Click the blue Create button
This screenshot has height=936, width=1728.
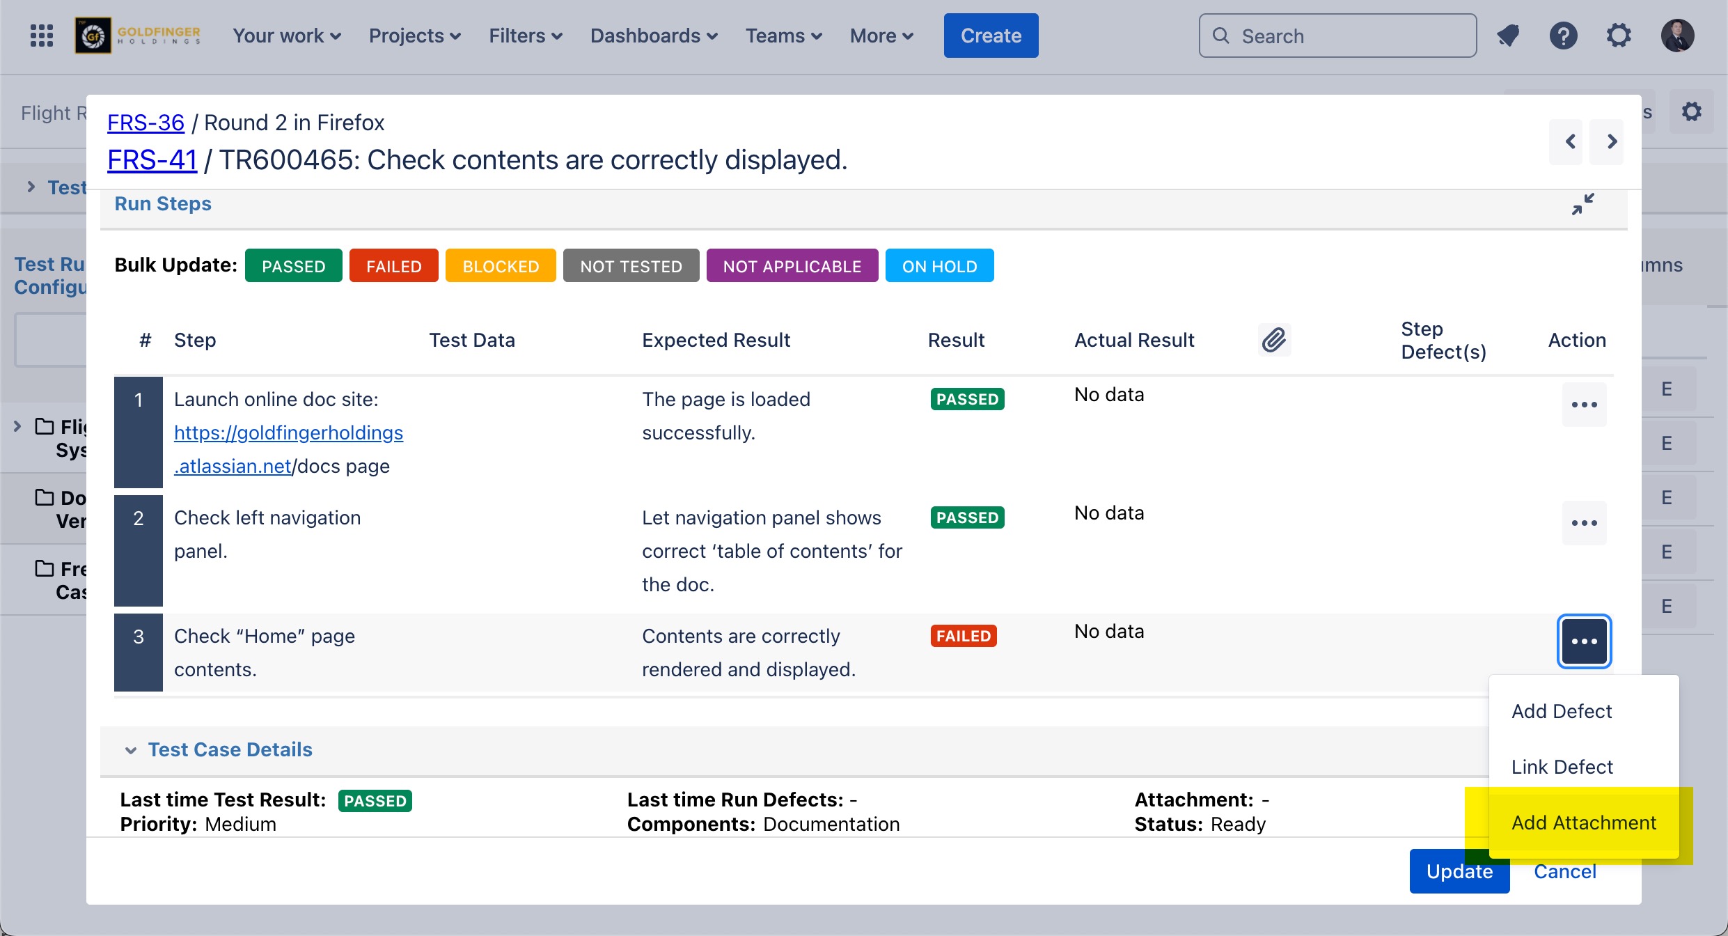click(x=991, y=36)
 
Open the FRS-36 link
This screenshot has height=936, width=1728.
click(x=146, y=123)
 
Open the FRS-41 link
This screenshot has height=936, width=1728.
click(x=152, y=160)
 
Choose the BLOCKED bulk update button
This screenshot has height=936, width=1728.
click(x=501, y=266)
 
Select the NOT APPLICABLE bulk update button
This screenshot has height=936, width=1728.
click(x=792, y=266)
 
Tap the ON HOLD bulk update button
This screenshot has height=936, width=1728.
click(x=939, y=266)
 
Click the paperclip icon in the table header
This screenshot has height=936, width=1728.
click(x=1274, y=340)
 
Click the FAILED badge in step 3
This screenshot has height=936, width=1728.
click(x=964, y=636)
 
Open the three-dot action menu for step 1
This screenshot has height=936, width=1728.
click(x=1584, y=405)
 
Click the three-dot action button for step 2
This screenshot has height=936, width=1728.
click(x=1584, y=523)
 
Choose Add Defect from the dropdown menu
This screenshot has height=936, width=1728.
click(x=1562, y=711)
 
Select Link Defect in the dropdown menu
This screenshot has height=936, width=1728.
click(x=1562, y=767)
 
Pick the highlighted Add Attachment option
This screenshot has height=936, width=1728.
click(x=1583, y=822)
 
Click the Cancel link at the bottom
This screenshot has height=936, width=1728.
click(x=1565, y=872)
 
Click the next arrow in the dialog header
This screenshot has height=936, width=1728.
click(x=1612, y=142)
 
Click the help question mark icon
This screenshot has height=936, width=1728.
click(x=1563, y=36)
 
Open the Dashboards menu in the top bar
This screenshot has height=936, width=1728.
click(x=653, y=36)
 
